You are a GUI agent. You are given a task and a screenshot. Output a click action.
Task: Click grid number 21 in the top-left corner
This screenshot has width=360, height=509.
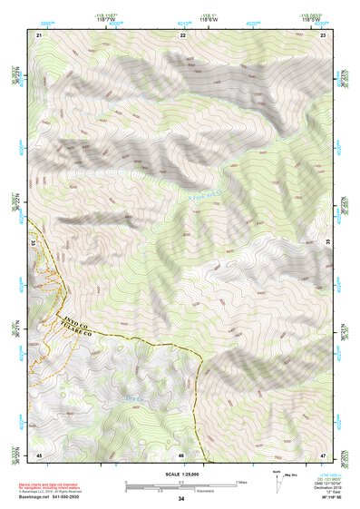[x=39, y=34]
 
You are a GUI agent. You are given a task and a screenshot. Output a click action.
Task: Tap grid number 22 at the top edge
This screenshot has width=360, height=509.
[x=182, y=34]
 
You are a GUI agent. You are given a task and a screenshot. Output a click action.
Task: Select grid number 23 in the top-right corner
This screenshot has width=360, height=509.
[x=324, y=34]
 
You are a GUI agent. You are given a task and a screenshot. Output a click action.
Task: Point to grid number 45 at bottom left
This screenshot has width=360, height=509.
[x=39, y=454]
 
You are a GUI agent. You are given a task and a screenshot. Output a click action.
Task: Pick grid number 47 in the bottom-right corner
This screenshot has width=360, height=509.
[x=324, y=454]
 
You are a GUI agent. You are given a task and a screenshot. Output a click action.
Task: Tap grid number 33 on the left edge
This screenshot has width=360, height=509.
[x=33, y=242]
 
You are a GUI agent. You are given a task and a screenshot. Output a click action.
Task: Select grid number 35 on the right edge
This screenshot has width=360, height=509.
[x=327, y=242]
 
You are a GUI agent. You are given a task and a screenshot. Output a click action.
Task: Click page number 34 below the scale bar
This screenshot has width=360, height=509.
[x=181, y=499]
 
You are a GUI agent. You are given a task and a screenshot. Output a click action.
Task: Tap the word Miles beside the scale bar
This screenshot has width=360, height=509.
[x=240, y=481]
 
